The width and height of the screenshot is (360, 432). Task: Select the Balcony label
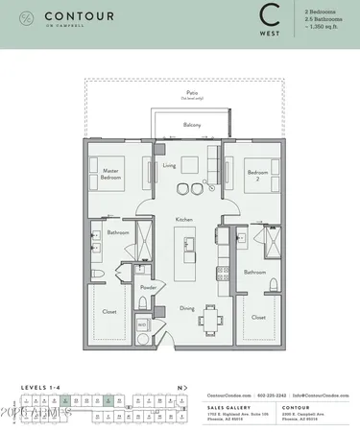(x=191, y=125)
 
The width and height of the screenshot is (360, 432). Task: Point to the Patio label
(x=191, y=94)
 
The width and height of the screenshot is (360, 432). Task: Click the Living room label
(x=169, y=166)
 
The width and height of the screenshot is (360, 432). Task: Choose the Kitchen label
(x=183, y=220)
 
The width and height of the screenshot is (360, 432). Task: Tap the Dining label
(x=187, y=308)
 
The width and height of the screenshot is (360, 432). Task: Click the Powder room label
(x=148, y=286)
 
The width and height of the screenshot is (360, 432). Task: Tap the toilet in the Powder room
(x=142, y=304)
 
